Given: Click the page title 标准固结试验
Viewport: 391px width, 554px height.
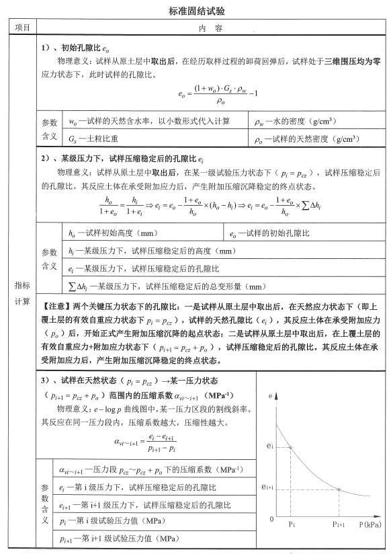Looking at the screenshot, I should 195,11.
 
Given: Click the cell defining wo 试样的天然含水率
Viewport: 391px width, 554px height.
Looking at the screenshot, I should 148,122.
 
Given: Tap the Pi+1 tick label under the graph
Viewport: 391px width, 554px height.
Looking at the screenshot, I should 339,524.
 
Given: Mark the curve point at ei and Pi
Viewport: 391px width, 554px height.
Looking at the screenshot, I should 292,447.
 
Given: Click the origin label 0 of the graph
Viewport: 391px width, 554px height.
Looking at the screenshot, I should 271,519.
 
